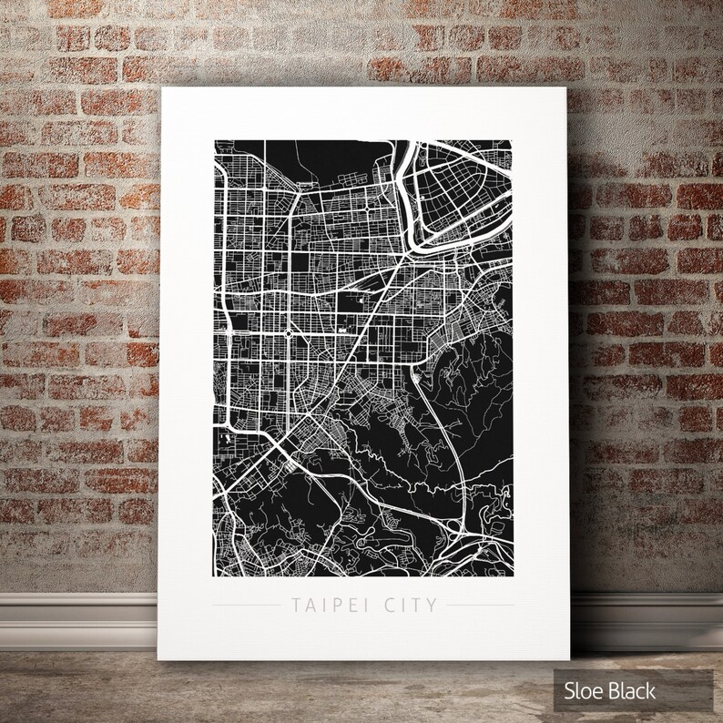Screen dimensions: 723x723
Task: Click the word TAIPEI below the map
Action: [329, 604]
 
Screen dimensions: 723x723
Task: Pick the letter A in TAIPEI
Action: [308, 604]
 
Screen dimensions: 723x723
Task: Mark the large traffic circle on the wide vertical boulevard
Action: [289, 334]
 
